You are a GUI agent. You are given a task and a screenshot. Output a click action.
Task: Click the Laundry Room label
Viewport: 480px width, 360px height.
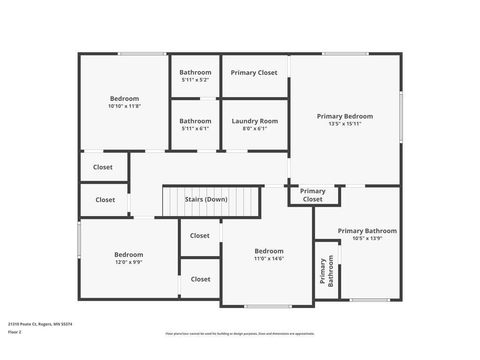click(255, 121)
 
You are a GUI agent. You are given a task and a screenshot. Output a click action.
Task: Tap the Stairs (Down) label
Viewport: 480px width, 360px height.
click(206, 199)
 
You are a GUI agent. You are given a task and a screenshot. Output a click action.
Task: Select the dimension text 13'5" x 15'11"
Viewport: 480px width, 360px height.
click(345, 124)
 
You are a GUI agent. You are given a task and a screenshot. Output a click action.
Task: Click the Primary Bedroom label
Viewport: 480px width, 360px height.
click(345, 116)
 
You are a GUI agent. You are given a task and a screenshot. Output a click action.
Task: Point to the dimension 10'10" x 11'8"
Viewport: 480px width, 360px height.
click(124, 106)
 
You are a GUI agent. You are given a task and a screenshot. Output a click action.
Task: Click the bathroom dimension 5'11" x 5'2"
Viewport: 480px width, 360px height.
click(195, 80)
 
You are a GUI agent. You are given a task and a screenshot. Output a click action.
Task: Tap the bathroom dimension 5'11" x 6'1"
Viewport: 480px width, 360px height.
click(195, 129)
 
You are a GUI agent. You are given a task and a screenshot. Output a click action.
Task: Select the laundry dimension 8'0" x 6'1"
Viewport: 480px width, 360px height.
click(255, 129)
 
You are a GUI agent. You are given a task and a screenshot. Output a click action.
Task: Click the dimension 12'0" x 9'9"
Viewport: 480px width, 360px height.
click(128, 262)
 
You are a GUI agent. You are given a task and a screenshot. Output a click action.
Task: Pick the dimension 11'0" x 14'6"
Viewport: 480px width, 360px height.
click(269, 259)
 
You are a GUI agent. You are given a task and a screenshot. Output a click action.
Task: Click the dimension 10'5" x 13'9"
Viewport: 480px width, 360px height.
click(367, 239)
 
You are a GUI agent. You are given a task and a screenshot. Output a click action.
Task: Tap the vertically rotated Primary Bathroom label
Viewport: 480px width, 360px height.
click(326, 271)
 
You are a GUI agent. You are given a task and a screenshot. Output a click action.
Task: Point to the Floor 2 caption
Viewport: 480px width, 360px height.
click(15, 332)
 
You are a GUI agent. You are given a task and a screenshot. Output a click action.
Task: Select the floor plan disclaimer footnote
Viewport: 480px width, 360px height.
click(240, 334)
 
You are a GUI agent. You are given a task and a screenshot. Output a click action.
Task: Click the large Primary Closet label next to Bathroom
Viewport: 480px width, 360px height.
click(254, 73)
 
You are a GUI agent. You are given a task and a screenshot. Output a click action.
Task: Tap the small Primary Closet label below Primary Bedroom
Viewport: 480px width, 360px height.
click(313, 195)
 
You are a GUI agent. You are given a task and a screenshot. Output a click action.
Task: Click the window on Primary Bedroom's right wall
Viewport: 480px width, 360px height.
click(401, 117)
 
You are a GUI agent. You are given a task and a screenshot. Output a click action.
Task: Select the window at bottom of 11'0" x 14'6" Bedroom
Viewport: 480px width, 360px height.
click(268, 307)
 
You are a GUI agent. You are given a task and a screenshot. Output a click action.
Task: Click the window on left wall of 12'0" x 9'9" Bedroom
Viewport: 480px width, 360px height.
click(79, 240)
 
